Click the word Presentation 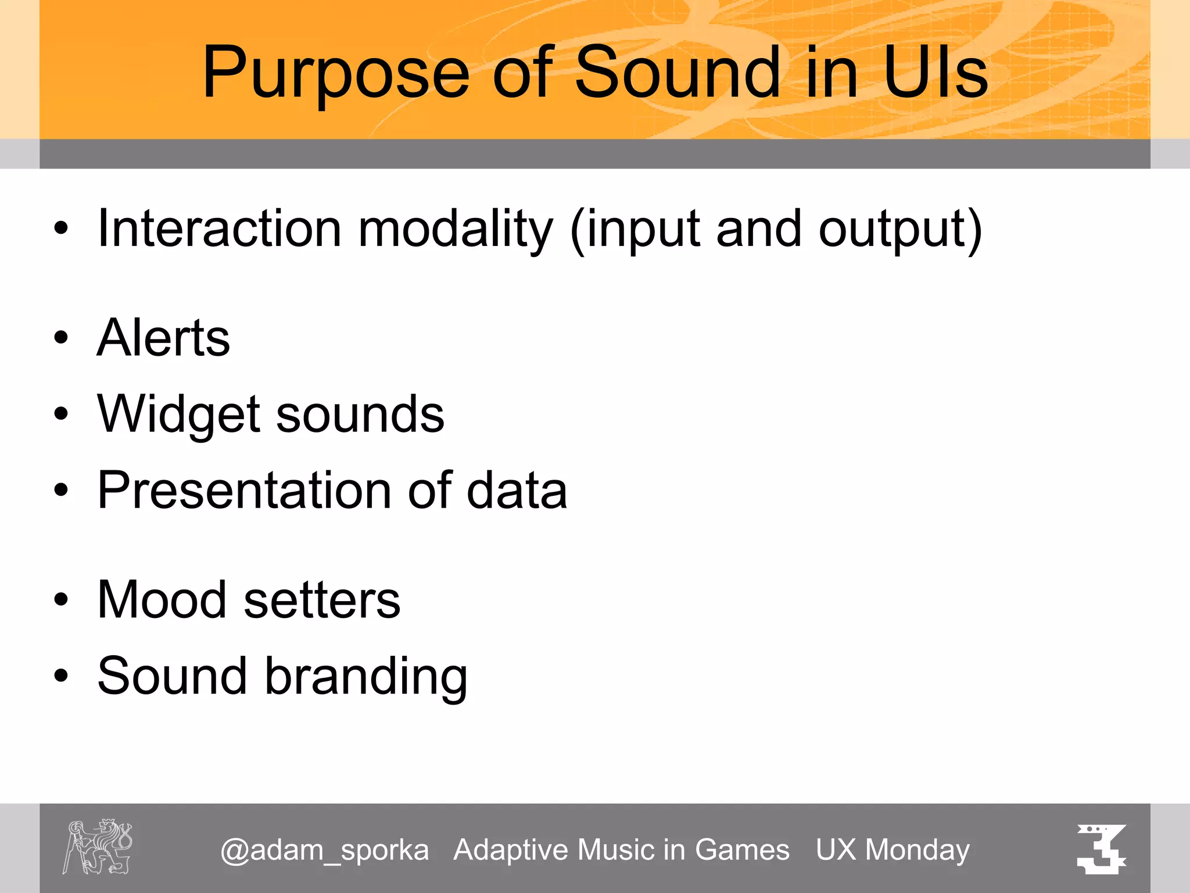[245, 490]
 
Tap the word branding [366, 676]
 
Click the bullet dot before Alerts [61, 338]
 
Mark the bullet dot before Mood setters [61, 599]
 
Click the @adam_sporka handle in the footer [325, 851]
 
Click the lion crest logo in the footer [98, 846]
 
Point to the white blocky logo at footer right [1101, 848]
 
